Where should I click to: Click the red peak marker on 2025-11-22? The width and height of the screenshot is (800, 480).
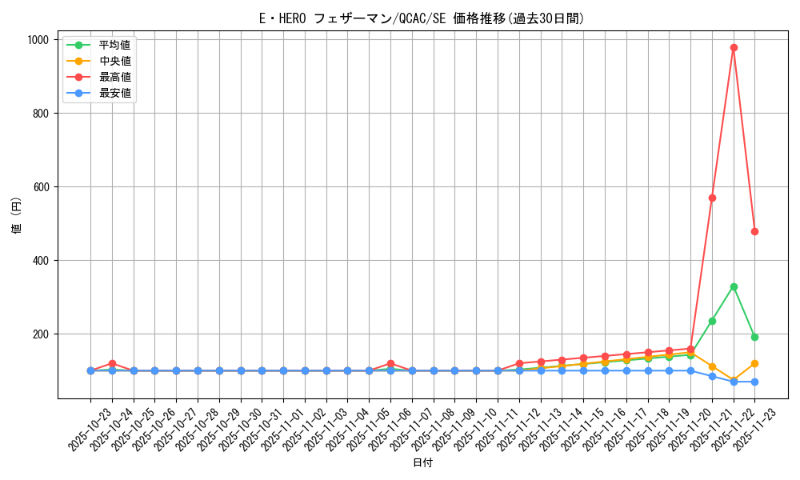tap(734, 47)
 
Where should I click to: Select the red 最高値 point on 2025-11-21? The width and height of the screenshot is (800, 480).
tap(712, 198)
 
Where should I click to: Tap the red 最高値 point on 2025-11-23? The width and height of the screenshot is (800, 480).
tap(754, 231)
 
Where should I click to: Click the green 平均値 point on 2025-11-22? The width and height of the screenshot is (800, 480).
tap(734, 286)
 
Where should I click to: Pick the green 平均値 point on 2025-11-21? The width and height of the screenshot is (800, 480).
tap(712, 321)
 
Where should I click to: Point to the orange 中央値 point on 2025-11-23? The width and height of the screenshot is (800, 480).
tap(754, 363)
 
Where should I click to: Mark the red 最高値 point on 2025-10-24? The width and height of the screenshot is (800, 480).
tap(112, 363)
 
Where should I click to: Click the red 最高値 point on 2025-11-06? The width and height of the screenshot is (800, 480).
tap(390, 363)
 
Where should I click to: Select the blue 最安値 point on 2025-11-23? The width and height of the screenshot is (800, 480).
tap(754, 382)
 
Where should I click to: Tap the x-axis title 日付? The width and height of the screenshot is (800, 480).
tap(422, 463)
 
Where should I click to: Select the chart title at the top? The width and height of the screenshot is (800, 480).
tap(422, 18)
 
